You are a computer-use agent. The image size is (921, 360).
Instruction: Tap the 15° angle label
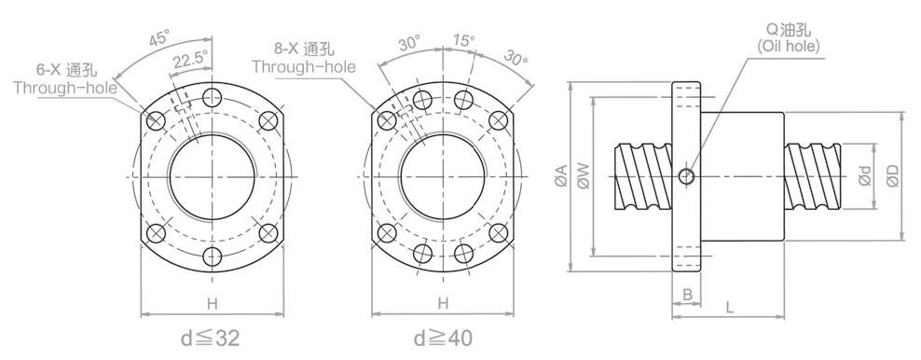(x=464, y=40)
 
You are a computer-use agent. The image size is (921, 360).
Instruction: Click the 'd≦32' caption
(x=210, y=339)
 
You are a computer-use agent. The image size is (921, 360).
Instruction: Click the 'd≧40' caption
(x=442, y=339)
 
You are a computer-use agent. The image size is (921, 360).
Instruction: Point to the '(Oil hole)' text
(x=789, y=47)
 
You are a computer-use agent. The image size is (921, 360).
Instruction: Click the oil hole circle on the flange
(x=686, y=175)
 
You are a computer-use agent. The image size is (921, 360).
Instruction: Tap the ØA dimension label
(x=561, y=176)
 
